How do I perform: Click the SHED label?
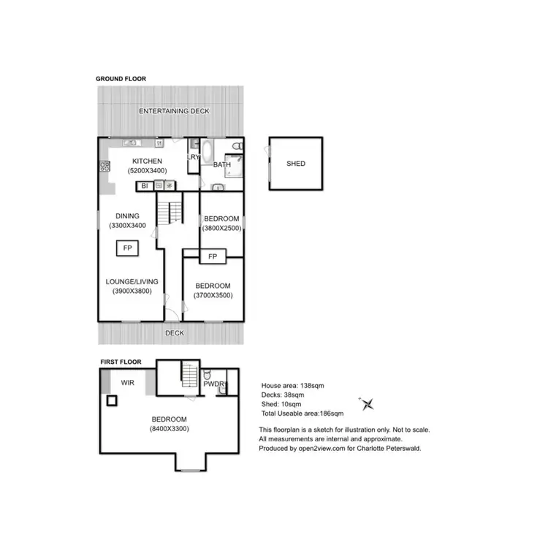click(296, 163)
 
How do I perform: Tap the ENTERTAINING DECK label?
click(175, 111)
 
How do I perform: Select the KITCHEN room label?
click(147, 161)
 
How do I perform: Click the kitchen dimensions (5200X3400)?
click(147, 171)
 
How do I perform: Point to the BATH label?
click(222, 165)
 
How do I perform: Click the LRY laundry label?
click(193, 157)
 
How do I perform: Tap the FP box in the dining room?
click(127, 248)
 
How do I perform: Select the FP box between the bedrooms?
click(213, 256)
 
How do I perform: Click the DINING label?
click(127, 216)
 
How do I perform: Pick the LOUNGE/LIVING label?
click(132, 281)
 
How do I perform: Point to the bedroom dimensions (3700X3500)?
click(213, 295)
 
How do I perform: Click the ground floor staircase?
click(175, 213)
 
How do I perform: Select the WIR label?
click(128, 382)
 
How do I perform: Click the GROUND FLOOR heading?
click(121, 78)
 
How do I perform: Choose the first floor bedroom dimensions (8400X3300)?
click(169, 429)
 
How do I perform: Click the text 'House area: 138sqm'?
click(292, 385)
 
